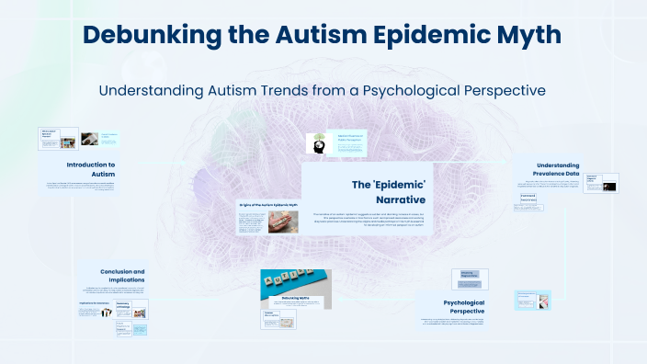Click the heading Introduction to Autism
[x=91, y=169]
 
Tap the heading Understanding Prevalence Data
[x=571, y=169]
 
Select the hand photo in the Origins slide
[x=280, y=222]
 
